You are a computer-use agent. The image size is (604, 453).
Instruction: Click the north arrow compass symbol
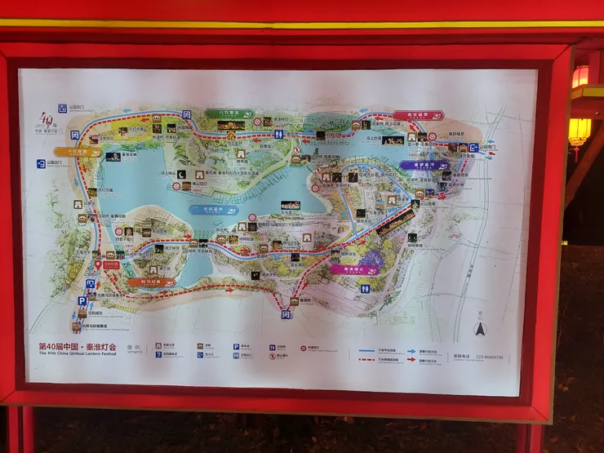(x=481, y=330)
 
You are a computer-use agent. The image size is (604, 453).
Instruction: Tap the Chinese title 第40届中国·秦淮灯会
(x=78, y=345)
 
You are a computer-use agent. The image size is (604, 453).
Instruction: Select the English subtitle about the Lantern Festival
(x=78, y=353)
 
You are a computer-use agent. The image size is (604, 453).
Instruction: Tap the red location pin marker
(x=98, y=264)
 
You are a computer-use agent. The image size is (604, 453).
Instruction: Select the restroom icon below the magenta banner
(x=365, y=288)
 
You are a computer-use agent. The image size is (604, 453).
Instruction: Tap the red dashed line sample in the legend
(x=375, y=360)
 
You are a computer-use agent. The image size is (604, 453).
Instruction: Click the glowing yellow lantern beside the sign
(x=580, y=131)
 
